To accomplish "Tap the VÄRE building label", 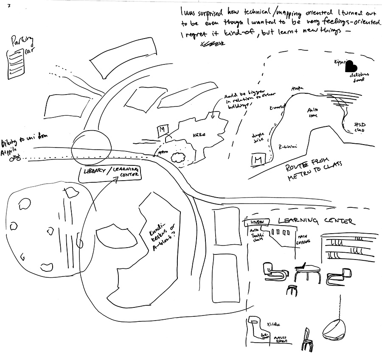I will point(199,135).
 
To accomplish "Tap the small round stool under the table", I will point(291,290).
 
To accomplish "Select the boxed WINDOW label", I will point(257,222).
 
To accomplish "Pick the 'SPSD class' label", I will point(359,128).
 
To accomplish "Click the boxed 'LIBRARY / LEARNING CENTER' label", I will point(111,174).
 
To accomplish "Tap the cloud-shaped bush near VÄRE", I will point(179,157).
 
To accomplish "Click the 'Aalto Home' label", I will point(314,112).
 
